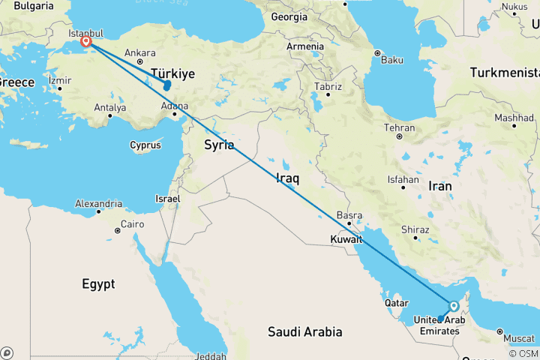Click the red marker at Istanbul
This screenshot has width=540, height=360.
(87, 43)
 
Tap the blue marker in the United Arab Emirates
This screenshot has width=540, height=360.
(453, 306)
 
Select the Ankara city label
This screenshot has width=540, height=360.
(140, 52)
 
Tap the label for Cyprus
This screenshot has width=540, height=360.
(145, 145)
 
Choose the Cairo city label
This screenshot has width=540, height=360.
(132, 224)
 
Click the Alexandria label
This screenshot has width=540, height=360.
(99, 203)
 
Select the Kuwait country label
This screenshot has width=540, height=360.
(346, 240)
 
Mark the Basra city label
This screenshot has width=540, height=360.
(350, 215)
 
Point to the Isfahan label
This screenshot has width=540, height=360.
(403, 180)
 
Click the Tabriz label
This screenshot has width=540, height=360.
(328, 87)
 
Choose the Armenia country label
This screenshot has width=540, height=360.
(305, 46)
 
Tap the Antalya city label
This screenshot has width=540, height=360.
(110, 108)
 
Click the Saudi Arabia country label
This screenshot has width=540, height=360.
(306, 331)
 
